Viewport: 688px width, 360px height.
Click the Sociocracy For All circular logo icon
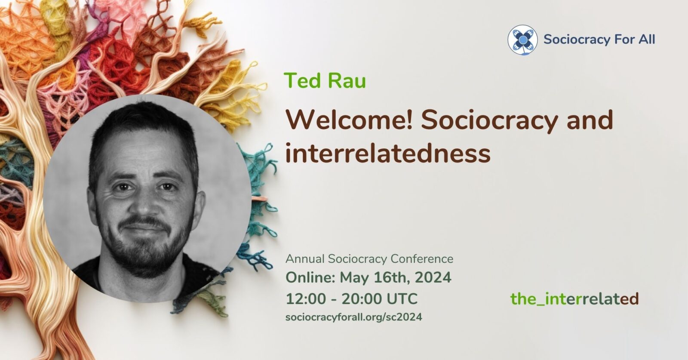(x=522, y=40)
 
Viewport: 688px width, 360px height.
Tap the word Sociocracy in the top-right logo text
(x=570, y=40)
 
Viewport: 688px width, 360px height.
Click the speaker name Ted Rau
(x=325, y=80)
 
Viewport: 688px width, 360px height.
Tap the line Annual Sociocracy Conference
(x=369, y=259)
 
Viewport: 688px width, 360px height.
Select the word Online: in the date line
(x=310, y=277)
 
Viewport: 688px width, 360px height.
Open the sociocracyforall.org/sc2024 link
(x=353, y=317)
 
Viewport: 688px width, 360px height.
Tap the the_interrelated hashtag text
(x=574, y=298)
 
